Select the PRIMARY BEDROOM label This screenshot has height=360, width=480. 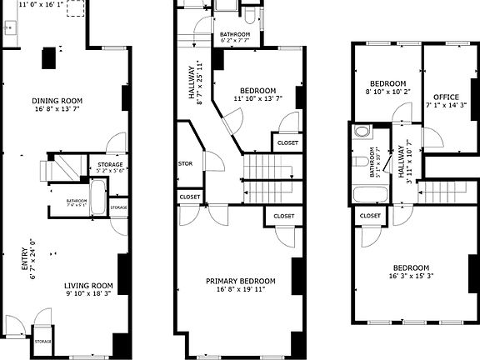pos(241,281)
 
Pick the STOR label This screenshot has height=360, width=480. pos(186,163)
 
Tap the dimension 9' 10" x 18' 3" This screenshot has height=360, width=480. pos(90,293)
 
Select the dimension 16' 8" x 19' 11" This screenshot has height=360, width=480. pos(241,290)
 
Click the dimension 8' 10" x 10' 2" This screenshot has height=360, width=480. pos(387,92)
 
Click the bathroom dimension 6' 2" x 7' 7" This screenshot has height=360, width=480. pos(235,40)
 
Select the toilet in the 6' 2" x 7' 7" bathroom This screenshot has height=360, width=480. pos(252,17)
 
